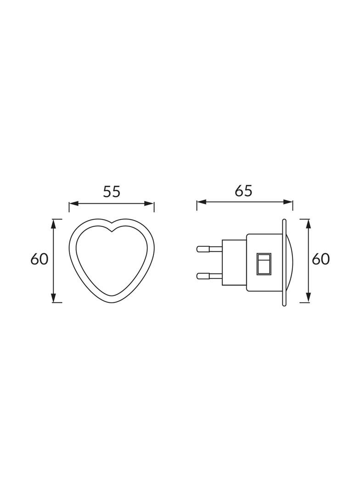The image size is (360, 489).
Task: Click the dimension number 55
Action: click(x=112, y=191)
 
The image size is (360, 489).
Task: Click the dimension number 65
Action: click(x=243, y=190)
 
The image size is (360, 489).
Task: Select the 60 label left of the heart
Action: click(x=39, y=259)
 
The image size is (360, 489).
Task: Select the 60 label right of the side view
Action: click(x=321, y=259)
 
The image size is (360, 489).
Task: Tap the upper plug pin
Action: click(x=208, y=249)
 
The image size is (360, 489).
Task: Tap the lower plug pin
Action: click(x=208, y=276)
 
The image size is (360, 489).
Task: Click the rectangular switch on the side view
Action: click(x=264, y=264)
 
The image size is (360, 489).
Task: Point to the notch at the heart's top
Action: click(x=112, y=229)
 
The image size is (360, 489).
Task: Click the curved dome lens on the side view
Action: click(x=291, y=262)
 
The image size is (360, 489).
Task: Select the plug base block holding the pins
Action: click(x=234, y=262)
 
